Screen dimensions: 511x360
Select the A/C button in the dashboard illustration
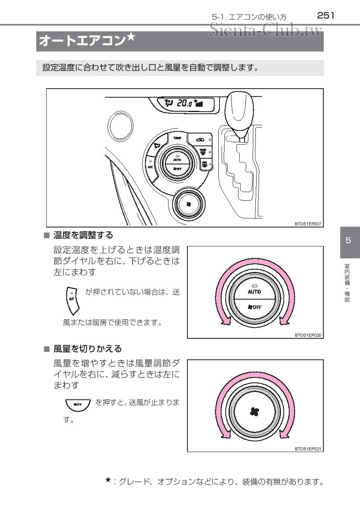tap(151, 166)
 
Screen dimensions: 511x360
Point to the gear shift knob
tap(242, 111)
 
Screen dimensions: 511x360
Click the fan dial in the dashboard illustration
tap(189, 204)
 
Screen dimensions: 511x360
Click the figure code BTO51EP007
tap(308, 224)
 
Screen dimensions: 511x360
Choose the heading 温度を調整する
tap(83, 235)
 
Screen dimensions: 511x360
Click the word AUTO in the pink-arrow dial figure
tap(254, 291)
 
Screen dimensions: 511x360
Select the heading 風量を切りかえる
tap(88, 349)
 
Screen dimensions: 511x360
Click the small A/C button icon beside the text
tap(72, 300)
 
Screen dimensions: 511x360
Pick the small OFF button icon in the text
tap(78, 404)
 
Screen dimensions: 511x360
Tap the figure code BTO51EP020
tap(308, 335)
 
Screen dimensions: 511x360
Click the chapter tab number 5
tap(348, 241)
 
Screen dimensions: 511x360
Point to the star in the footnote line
tap(108, 479)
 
